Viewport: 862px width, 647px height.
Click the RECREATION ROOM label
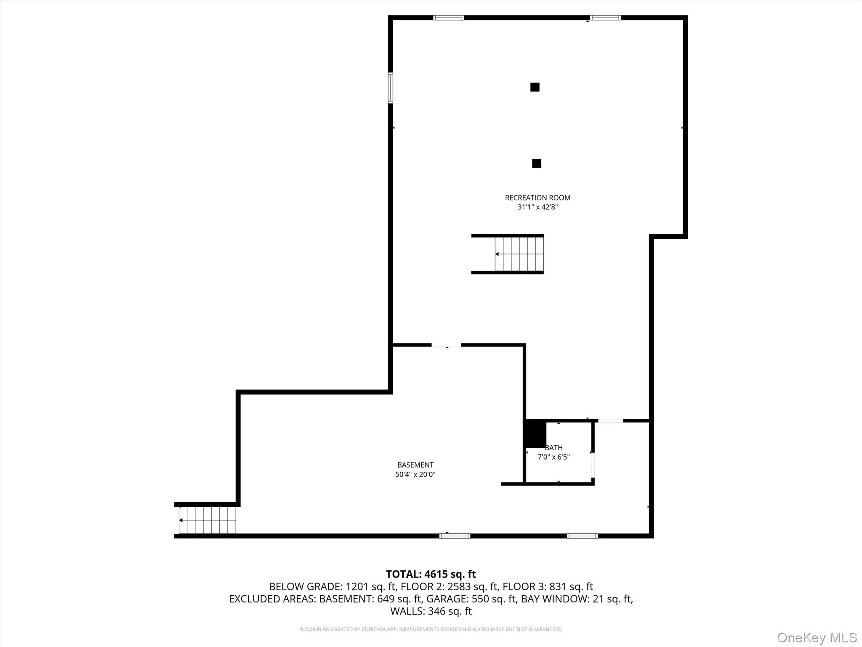point(537,198)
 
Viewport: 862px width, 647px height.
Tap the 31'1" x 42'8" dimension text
point(537,207)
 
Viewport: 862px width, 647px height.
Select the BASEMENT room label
point(415,465)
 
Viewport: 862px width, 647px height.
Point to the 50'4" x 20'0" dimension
point(415,475)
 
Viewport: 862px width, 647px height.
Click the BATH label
point(553,448)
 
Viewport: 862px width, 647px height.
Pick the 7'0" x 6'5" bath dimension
point(553,457)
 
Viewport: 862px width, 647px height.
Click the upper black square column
point(535,87)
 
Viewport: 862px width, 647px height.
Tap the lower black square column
point(536,163)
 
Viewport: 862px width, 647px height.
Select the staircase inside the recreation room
point(519,254)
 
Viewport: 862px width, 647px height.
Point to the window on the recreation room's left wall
point(391,88)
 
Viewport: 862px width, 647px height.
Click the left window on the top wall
point(449,18)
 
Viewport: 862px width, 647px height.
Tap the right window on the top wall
point(605,18)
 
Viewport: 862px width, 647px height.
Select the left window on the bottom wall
point(455,536)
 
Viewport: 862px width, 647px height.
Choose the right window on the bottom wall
point(582,536)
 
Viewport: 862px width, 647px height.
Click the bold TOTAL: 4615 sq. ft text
point(431,574)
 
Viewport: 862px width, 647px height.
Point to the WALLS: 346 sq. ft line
point(431,611)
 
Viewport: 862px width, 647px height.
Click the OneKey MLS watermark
point(817,637)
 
